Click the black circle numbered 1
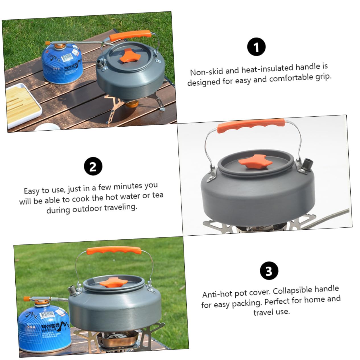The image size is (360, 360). (256, 47)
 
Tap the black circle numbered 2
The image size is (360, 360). (93, 166)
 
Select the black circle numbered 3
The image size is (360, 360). (269, 271)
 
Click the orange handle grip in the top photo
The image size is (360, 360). (130, 35)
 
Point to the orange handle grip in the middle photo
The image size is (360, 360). (251, 126)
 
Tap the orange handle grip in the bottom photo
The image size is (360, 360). (114, 251)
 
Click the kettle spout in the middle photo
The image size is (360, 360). (308, 164)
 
